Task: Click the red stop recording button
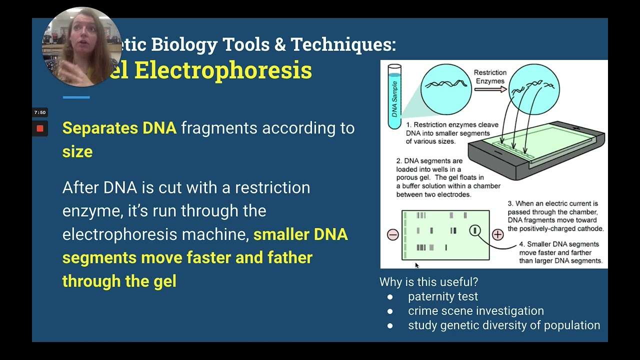[x=40, y=129]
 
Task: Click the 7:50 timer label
[x=40, y=113]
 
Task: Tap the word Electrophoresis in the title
[x=222, y=70]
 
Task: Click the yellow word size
[x=77, y=151]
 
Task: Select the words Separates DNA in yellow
[x=119, y=128]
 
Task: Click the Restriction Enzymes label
[x=490, y=77]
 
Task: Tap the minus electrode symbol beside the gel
[x=392, y=235]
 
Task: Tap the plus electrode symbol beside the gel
[x=497, y=234]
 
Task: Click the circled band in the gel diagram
[x=475, y=230]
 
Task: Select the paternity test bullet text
[x=442, y=296]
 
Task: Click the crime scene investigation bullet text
[x=475, y=311]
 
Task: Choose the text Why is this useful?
[x=428, y=282]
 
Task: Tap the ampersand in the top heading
[x=279, y=44]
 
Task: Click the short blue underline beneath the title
[x=76, y=97]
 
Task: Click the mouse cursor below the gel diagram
[x=417, y=265]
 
